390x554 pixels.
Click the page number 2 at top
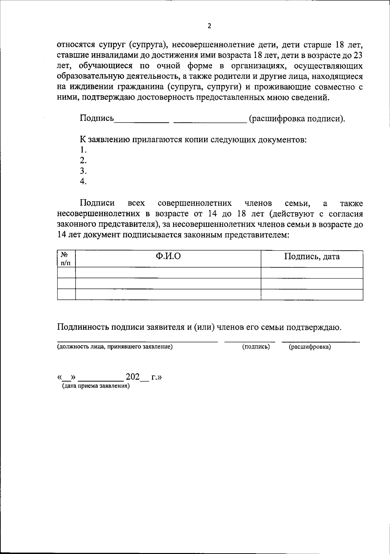coord(209,26)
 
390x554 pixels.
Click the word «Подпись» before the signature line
coord(97,118)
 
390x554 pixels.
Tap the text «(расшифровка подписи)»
coord(296,119)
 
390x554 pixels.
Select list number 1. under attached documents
coord(83,150)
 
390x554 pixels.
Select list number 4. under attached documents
coord(83,181)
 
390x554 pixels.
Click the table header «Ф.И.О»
coord(168,257)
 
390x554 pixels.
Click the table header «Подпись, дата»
coord(312,257)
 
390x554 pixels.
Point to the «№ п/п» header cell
coord(66,259)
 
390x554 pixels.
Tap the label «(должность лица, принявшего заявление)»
coord(115,347)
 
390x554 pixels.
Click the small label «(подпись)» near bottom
coord(256,347)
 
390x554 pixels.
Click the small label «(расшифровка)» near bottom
coord(310,347)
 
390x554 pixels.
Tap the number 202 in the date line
coord(133,377)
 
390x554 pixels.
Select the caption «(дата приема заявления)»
coord(96,386)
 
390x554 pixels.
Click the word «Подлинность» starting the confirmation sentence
coord(83,327)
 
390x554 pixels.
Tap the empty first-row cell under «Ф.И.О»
coord(168,273)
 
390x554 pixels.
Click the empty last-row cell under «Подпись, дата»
coord(312,294)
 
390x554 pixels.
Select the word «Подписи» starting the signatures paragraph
coord(97,203)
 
